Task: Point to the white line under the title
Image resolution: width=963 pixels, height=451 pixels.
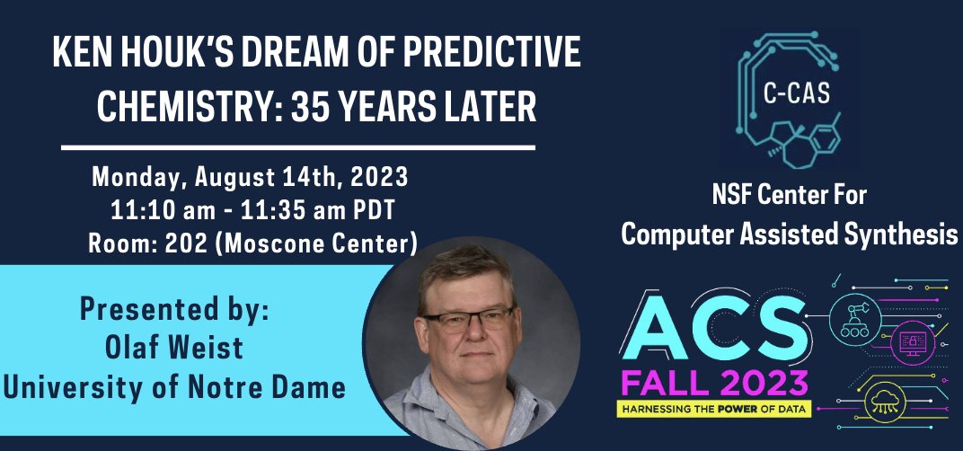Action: click(x=297, y=146)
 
